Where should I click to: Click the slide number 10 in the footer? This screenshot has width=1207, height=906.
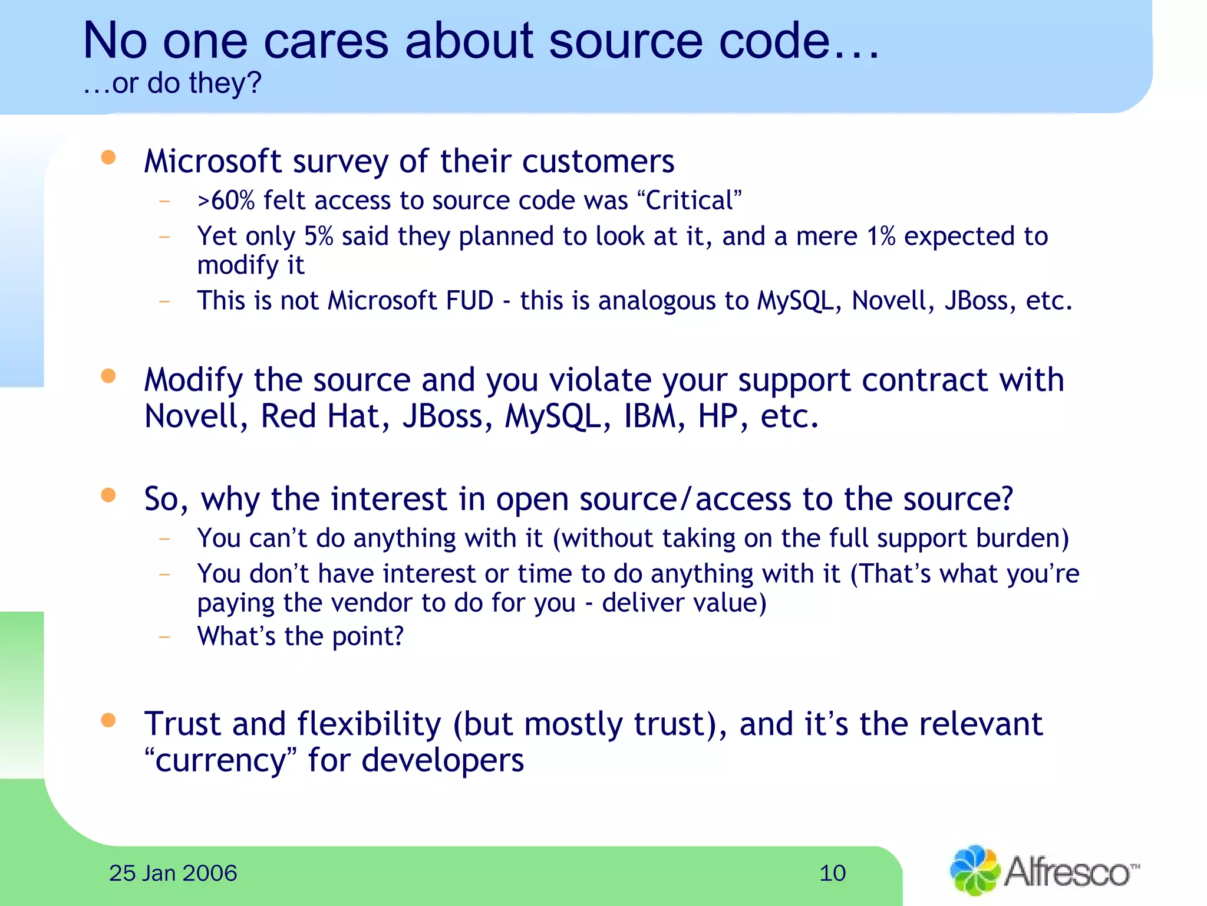[832, 873]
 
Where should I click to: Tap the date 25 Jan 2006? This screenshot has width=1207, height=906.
[173, 873]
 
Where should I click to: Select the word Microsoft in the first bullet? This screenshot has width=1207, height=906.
[213, 161]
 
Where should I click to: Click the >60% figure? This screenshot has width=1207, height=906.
[226, 201]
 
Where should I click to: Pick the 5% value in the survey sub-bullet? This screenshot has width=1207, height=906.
[318, 237]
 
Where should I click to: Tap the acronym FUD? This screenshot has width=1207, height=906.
[470, 301]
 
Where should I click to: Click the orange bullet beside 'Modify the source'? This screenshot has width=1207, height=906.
[108, 376]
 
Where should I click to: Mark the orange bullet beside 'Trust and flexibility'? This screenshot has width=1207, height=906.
[108, 720]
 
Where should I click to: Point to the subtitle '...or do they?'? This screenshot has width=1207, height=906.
[172, 83]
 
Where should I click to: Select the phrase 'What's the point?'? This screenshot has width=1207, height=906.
[301, 636]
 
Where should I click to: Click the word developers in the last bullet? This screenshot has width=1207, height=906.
[442, 760]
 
